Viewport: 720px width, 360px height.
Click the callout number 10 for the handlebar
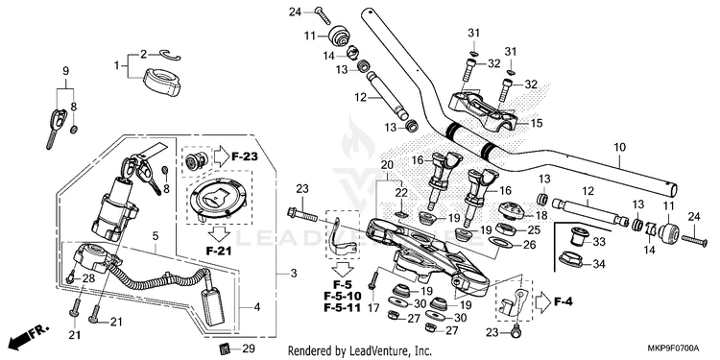click(619, 148)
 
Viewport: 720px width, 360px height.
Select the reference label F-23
click(244, 157)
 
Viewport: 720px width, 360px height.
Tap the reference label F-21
click(219, 251)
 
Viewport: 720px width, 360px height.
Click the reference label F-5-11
click(342, 307)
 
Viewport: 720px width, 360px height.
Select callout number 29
click(248, 348)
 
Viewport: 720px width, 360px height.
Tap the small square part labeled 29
click(225, 348)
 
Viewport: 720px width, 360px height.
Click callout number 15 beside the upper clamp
click(537, 123)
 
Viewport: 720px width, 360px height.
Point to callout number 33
click(599, 242)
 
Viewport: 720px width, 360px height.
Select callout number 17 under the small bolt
click(373, 308)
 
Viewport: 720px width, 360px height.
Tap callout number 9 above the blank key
click(65, 71)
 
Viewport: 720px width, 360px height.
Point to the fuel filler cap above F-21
click(220, 197)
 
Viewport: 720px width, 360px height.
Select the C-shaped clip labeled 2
click(170, 55)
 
